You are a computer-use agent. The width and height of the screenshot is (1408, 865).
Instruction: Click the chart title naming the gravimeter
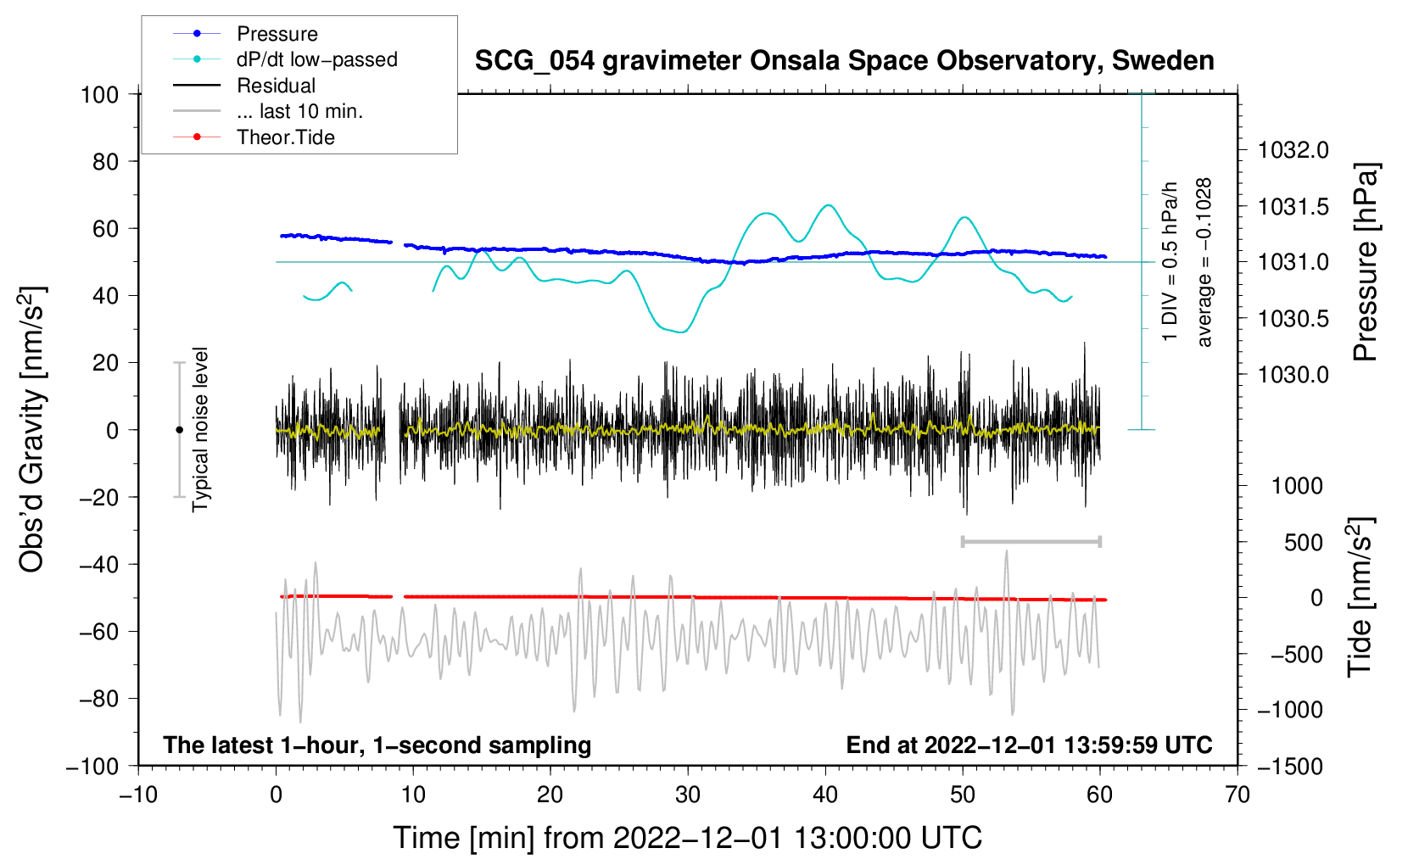(844, 61)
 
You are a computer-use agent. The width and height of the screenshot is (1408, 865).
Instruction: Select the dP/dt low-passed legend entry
(316, 59)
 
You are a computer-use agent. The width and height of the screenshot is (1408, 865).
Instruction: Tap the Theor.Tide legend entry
(285, 137)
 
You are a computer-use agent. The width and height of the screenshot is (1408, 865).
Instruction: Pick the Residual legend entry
(276, 86)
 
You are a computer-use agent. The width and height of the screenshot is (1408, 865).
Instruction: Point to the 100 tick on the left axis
(99, 94)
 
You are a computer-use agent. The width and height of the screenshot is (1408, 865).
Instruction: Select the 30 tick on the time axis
(688, 795)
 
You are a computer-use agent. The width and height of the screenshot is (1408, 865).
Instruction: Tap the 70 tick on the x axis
(1238, 795)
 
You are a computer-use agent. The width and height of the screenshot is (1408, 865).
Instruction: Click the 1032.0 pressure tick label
(1293, 151)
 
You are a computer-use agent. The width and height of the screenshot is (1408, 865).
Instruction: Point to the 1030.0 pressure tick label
(1293, 375)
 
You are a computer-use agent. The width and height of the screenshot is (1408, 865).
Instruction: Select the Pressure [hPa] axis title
(1366, 263)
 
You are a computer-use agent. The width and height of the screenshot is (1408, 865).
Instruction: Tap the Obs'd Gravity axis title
(32, 430)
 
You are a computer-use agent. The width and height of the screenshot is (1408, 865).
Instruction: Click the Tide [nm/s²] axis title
(1360, 597)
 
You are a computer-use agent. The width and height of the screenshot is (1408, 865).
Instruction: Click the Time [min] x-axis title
(688, 838)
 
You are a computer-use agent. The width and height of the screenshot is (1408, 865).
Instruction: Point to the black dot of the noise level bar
(179, 430)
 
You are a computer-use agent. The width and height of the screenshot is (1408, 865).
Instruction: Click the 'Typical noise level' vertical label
(200, 430)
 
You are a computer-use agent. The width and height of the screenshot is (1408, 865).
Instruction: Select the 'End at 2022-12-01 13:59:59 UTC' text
(1029, 745)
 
